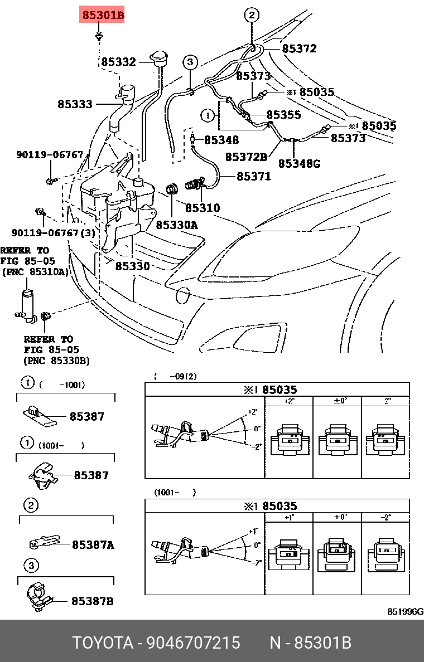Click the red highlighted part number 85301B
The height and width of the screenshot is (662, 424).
click(x=103, y=16)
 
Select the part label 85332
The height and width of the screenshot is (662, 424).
click(x=118, y=61)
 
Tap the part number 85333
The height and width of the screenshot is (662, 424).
click(x=75, y=104)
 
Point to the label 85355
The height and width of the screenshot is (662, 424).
click(x=283, y=115)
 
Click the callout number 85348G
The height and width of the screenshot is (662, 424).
click(x=300, y=163)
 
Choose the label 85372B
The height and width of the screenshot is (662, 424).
click(x=245, y=158)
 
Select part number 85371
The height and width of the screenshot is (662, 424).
click(x=253, y=177)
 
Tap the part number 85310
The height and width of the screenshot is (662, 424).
click(x=203, y=208)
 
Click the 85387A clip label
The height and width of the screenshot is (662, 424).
click(x=93, y=545)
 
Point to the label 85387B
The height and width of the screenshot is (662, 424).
click(x=92, y=601)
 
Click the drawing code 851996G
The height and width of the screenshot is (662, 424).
click(x=405, y=611)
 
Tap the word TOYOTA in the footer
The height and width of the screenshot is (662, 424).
click(x=103, y=643)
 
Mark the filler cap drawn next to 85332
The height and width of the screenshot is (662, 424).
click(x=159, y=59)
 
